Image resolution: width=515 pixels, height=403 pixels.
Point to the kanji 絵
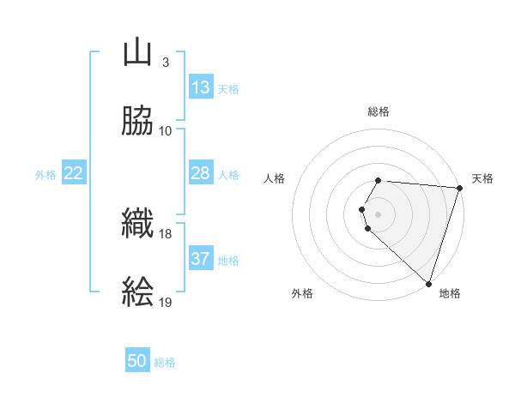coord(137,292)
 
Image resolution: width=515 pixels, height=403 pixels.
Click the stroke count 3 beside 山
coord(165,63)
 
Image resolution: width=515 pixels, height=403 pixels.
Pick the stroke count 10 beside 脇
coord(166,130)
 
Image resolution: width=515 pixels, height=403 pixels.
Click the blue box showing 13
coord(201,87)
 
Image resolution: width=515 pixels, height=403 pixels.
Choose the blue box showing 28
coord(201,173)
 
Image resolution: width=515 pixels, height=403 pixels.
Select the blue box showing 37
coord(201,259)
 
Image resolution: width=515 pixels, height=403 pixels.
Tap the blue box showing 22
coord(74,173)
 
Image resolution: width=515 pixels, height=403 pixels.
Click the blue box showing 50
coord(137,361)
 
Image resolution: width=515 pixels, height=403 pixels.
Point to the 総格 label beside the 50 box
coord(165,363)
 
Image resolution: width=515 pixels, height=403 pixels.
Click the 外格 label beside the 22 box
coord(45,175)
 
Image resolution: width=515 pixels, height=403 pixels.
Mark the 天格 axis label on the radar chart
coord(483,178)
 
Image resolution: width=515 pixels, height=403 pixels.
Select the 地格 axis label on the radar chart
coord(450,294)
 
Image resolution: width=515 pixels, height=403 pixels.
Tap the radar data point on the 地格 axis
coord(428,283)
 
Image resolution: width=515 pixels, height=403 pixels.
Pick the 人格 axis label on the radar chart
coord(274,178)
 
